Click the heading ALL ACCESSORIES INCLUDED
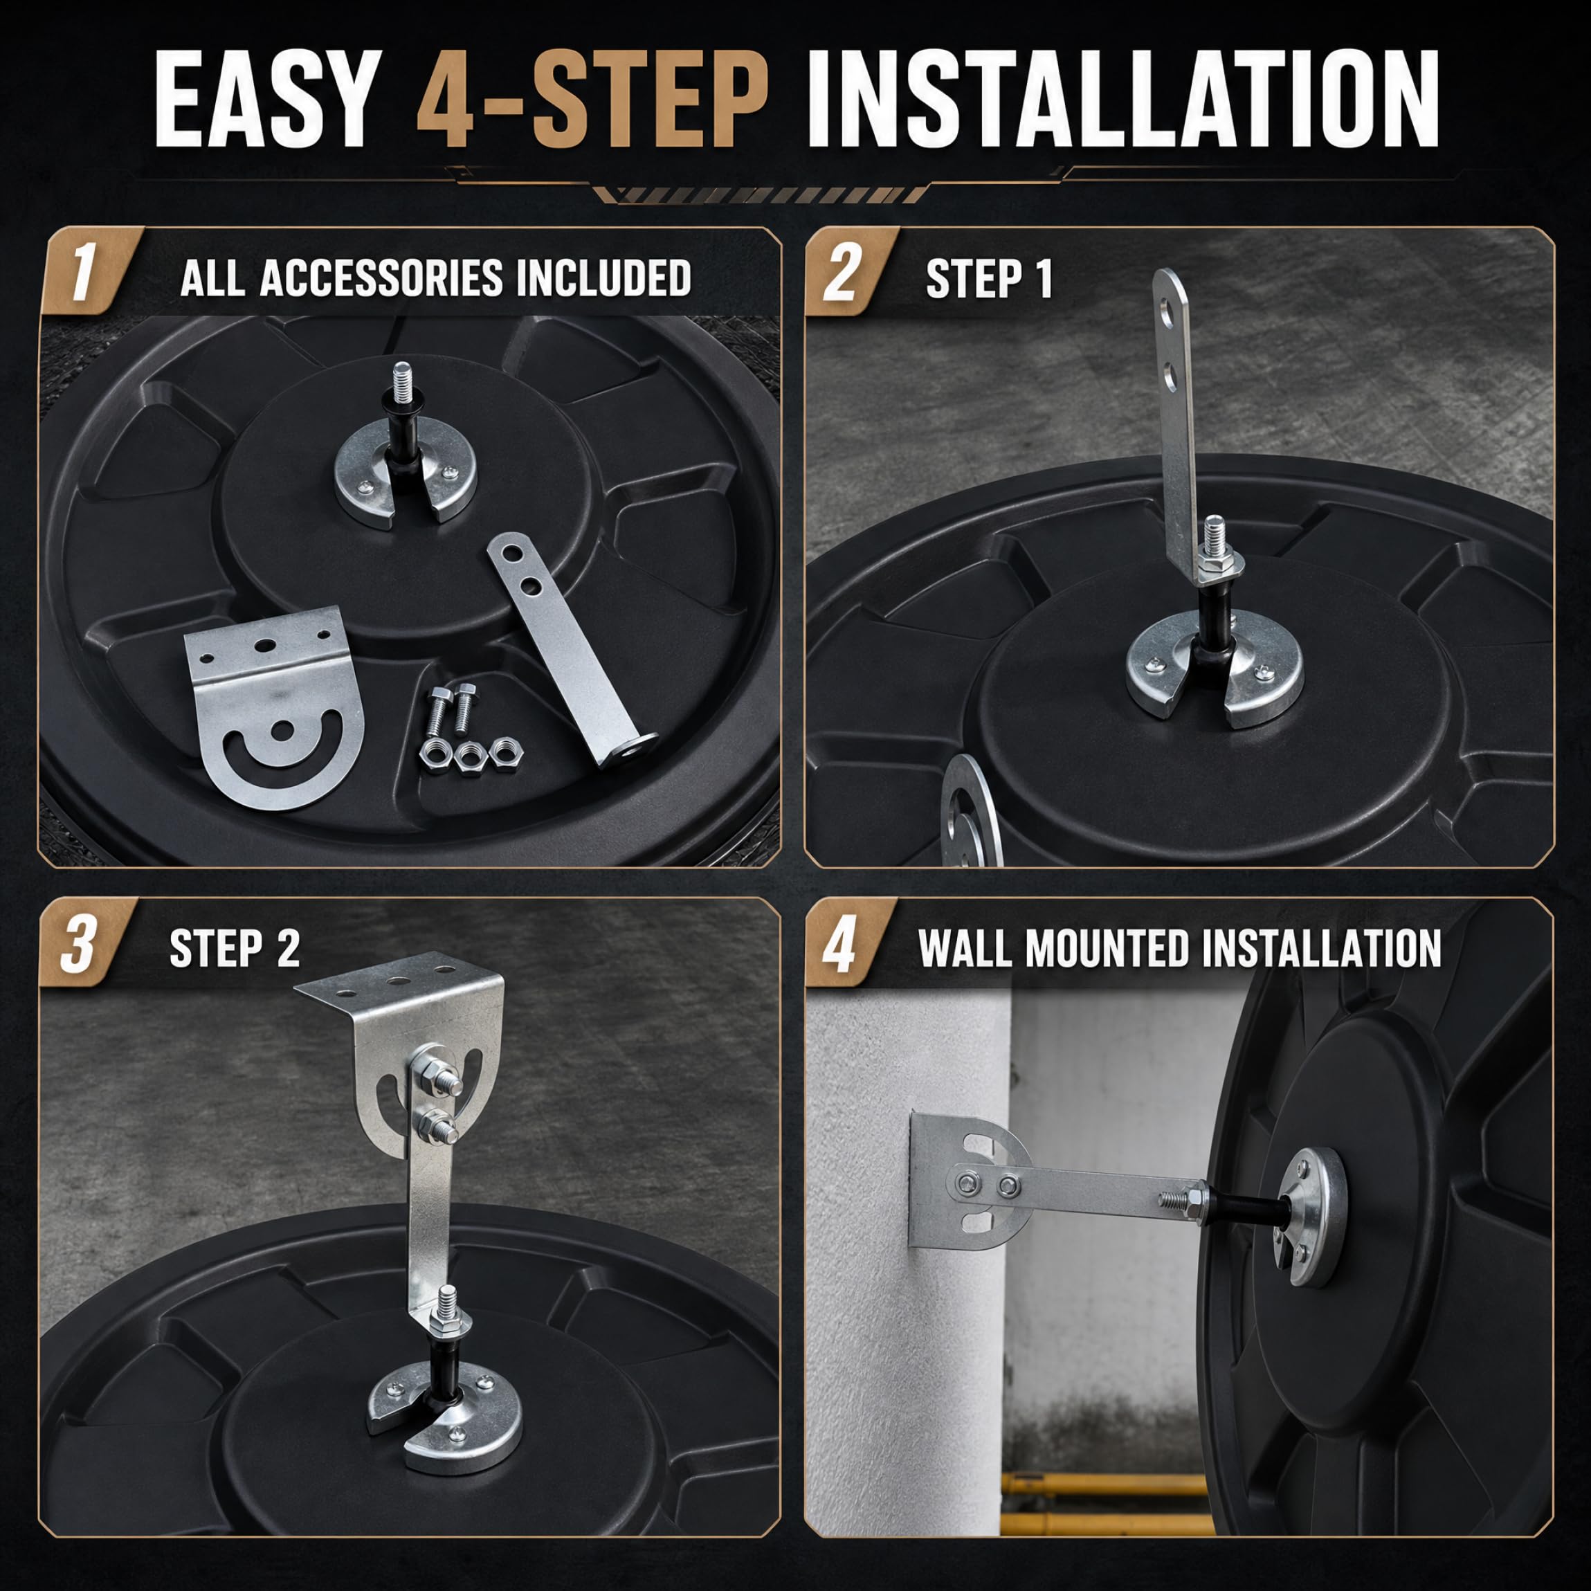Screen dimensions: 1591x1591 tap(435, 278)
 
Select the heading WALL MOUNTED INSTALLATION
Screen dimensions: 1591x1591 tap(1179, 948)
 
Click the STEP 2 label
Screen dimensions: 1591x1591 tap(235, 949)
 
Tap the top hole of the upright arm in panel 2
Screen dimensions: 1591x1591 tap(1167, 313)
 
